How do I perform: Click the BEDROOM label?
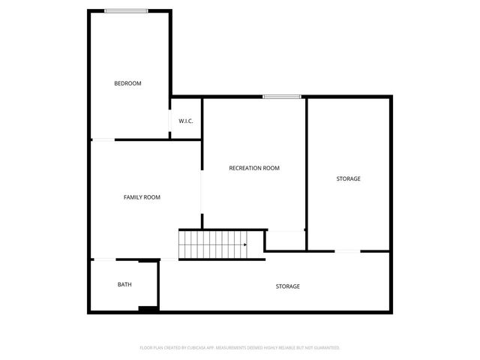[x=127, y=83]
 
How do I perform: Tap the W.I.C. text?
[x=186, y=121]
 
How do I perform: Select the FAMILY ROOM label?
[x=142, y=197]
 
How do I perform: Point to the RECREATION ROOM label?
[x=254, y=168]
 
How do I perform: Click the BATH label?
[x=124, y=284]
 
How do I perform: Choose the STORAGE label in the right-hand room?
[x=348, y=178]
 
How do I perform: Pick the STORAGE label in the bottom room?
[x=288, y=286]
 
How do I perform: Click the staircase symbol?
[x=212, y=244]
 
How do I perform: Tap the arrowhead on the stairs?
[x=244, y=244]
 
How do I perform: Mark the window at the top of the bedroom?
[x=126, y=10]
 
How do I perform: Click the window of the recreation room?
[x=282, y=97]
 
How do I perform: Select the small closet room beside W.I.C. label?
[x=186, y=118]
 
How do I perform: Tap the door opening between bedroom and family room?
[x=103, y=139]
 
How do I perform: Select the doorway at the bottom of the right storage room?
[x=346, y=251]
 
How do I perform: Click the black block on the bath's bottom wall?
[x=148, y=308]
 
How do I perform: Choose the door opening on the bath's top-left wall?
[x=103, y=259]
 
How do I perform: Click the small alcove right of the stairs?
[x=285, y=240]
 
